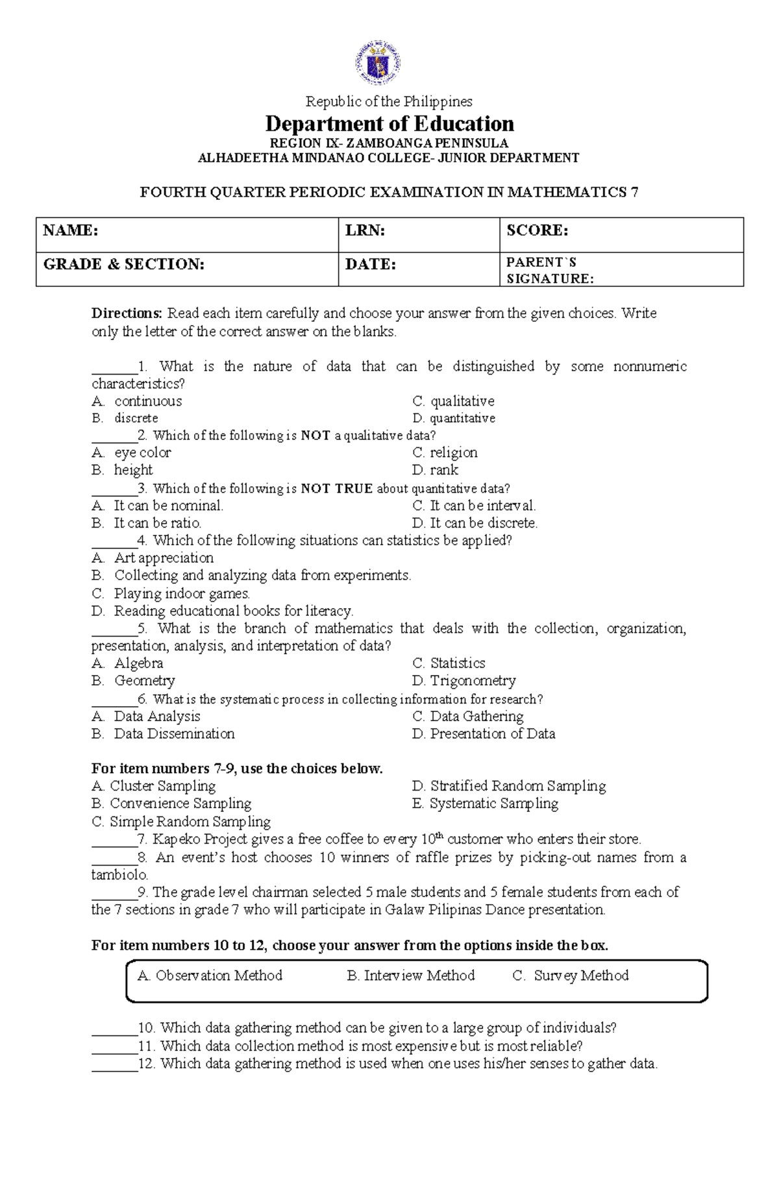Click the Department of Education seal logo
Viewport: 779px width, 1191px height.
(377, 64)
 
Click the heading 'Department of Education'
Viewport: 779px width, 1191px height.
(389, 123)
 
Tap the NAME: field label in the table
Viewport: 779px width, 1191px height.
(71, 230)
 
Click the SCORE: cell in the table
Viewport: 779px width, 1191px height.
(538, 230)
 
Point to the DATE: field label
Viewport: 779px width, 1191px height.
(371, 264)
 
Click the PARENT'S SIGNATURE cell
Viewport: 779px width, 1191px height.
(550, 271)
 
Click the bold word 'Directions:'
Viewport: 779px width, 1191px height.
(127, 313)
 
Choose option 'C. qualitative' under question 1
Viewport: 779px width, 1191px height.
(453, 401)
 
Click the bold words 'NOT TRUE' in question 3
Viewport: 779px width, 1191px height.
(337, 489)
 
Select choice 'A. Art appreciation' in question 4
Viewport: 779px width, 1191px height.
(153, 558)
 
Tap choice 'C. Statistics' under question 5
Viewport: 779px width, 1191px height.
(449, 663)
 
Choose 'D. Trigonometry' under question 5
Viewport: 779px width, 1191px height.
(464, 681)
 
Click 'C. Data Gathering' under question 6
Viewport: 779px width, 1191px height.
(468, 717)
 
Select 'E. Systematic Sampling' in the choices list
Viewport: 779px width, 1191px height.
(485, 804)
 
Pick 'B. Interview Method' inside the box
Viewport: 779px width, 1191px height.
(411, 976)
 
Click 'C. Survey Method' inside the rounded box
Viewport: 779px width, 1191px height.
(571, 976)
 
